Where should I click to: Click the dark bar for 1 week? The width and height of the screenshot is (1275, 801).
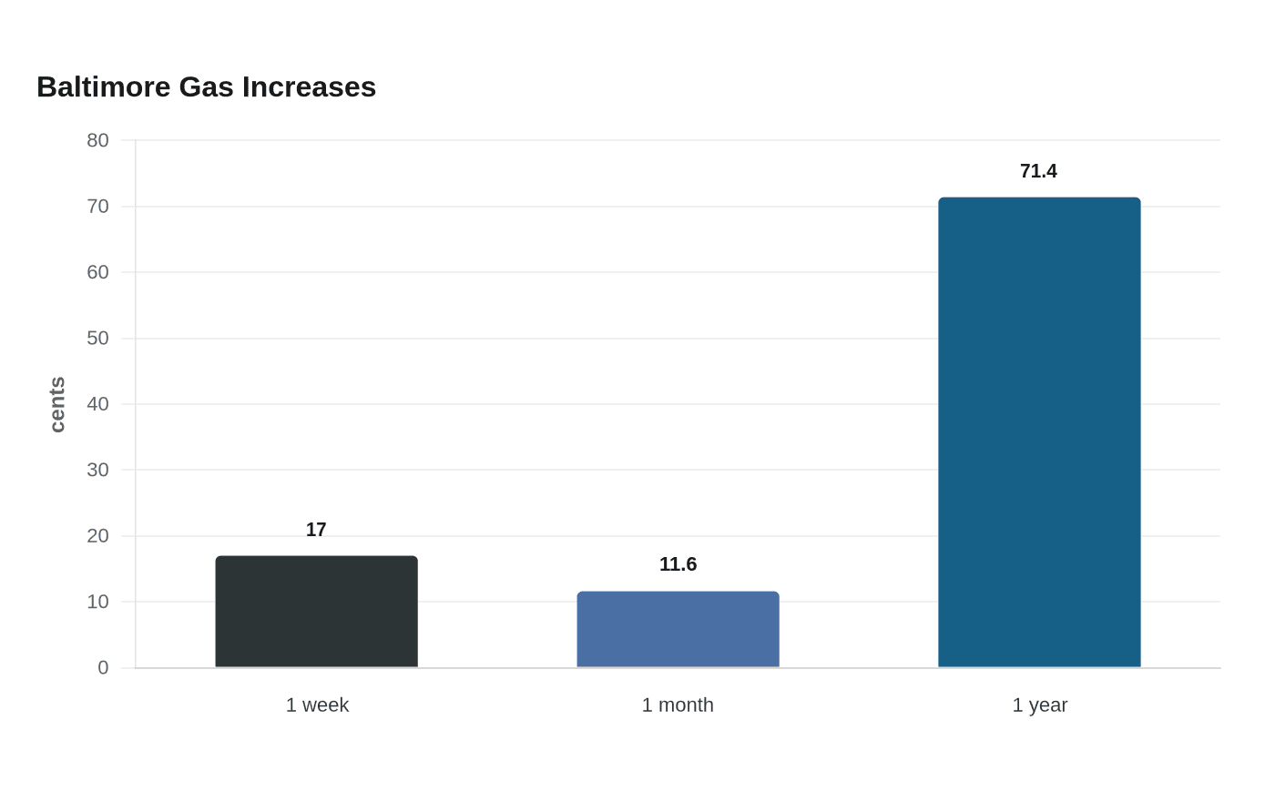[317, 612]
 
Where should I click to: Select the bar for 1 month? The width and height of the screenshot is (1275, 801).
[678, 629]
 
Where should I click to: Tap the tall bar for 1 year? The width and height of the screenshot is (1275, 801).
[1039, 432]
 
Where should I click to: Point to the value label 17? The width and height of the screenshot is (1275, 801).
[317, 530]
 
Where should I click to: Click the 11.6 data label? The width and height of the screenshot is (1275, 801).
[678, 564]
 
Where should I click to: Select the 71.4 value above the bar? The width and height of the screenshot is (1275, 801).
[1039, 171]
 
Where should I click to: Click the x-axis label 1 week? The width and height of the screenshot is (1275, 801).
[317, 705]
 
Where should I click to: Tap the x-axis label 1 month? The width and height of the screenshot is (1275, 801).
[678, 705]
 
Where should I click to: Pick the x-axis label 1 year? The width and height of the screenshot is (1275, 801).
[1040, 705]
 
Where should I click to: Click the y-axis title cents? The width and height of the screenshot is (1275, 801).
[57, 404]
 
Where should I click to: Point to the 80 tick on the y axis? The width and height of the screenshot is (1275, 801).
[97, 140]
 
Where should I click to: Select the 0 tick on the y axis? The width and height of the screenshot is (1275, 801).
[103, 667]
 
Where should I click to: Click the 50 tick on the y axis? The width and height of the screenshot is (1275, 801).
[97, 339]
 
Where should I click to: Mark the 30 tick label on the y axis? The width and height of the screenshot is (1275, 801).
[97, 470]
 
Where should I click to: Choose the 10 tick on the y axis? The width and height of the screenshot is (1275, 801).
[97, 602]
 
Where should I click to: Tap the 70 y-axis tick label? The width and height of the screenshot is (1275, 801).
[97, 207]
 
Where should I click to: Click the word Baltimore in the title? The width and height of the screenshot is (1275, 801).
[104, 87]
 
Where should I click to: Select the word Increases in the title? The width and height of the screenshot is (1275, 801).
[309, 87]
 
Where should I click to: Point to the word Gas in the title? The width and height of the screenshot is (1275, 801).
[206, 87]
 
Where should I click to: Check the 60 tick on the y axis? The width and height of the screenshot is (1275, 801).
[97, 272]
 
